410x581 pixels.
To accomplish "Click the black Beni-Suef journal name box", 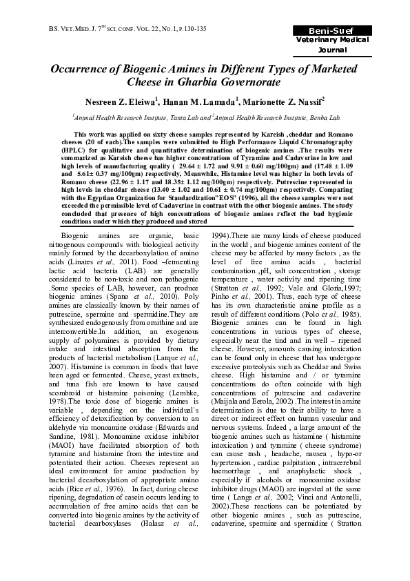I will click(338, 31).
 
